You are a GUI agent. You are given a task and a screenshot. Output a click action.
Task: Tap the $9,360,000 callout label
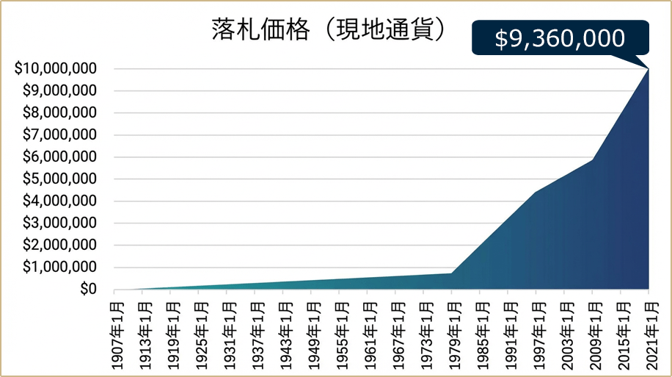coord(560,38)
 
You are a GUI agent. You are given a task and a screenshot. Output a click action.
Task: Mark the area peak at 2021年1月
coord(649,69)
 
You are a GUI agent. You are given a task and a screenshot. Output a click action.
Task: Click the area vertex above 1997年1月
coord(536,192)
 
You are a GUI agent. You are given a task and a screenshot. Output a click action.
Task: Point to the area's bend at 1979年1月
coord(451,273)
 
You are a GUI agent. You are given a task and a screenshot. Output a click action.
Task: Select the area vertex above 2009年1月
coord(592,159)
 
